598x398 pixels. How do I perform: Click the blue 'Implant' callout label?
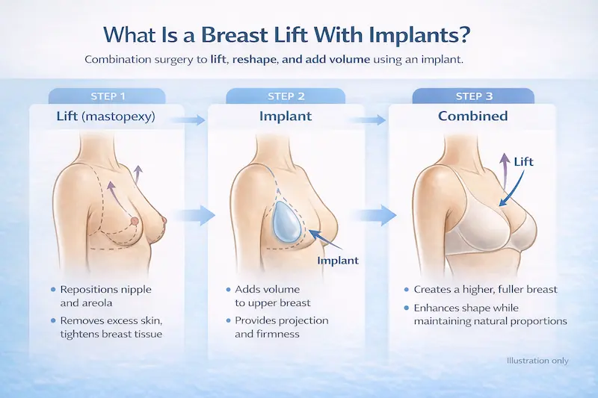coord(338,261)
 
